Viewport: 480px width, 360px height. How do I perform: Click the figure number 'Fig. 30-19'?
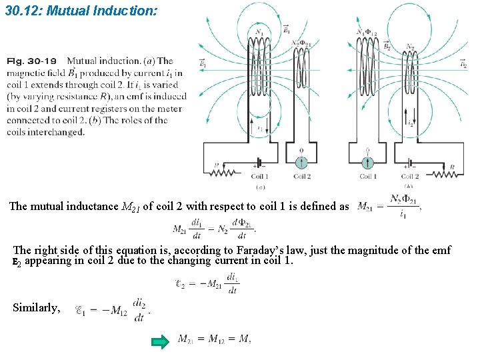[33, 61]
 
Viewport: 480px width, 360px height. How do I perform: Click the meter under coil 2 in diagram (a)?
[301, 162]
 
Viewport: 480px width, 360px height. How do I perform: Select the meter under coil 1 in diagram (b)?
[367, 162]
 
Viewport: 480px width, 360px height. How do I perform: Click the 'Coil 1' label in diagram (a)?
[259, 177]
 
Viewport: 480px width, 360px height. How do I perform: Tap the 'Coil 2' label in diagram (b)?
[410, 177]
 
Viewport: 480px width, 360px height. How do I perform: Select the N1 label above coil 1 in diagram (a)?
[259, 31]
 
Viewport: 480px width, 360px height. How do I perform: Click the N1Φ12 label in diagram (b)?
[367, 32]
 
